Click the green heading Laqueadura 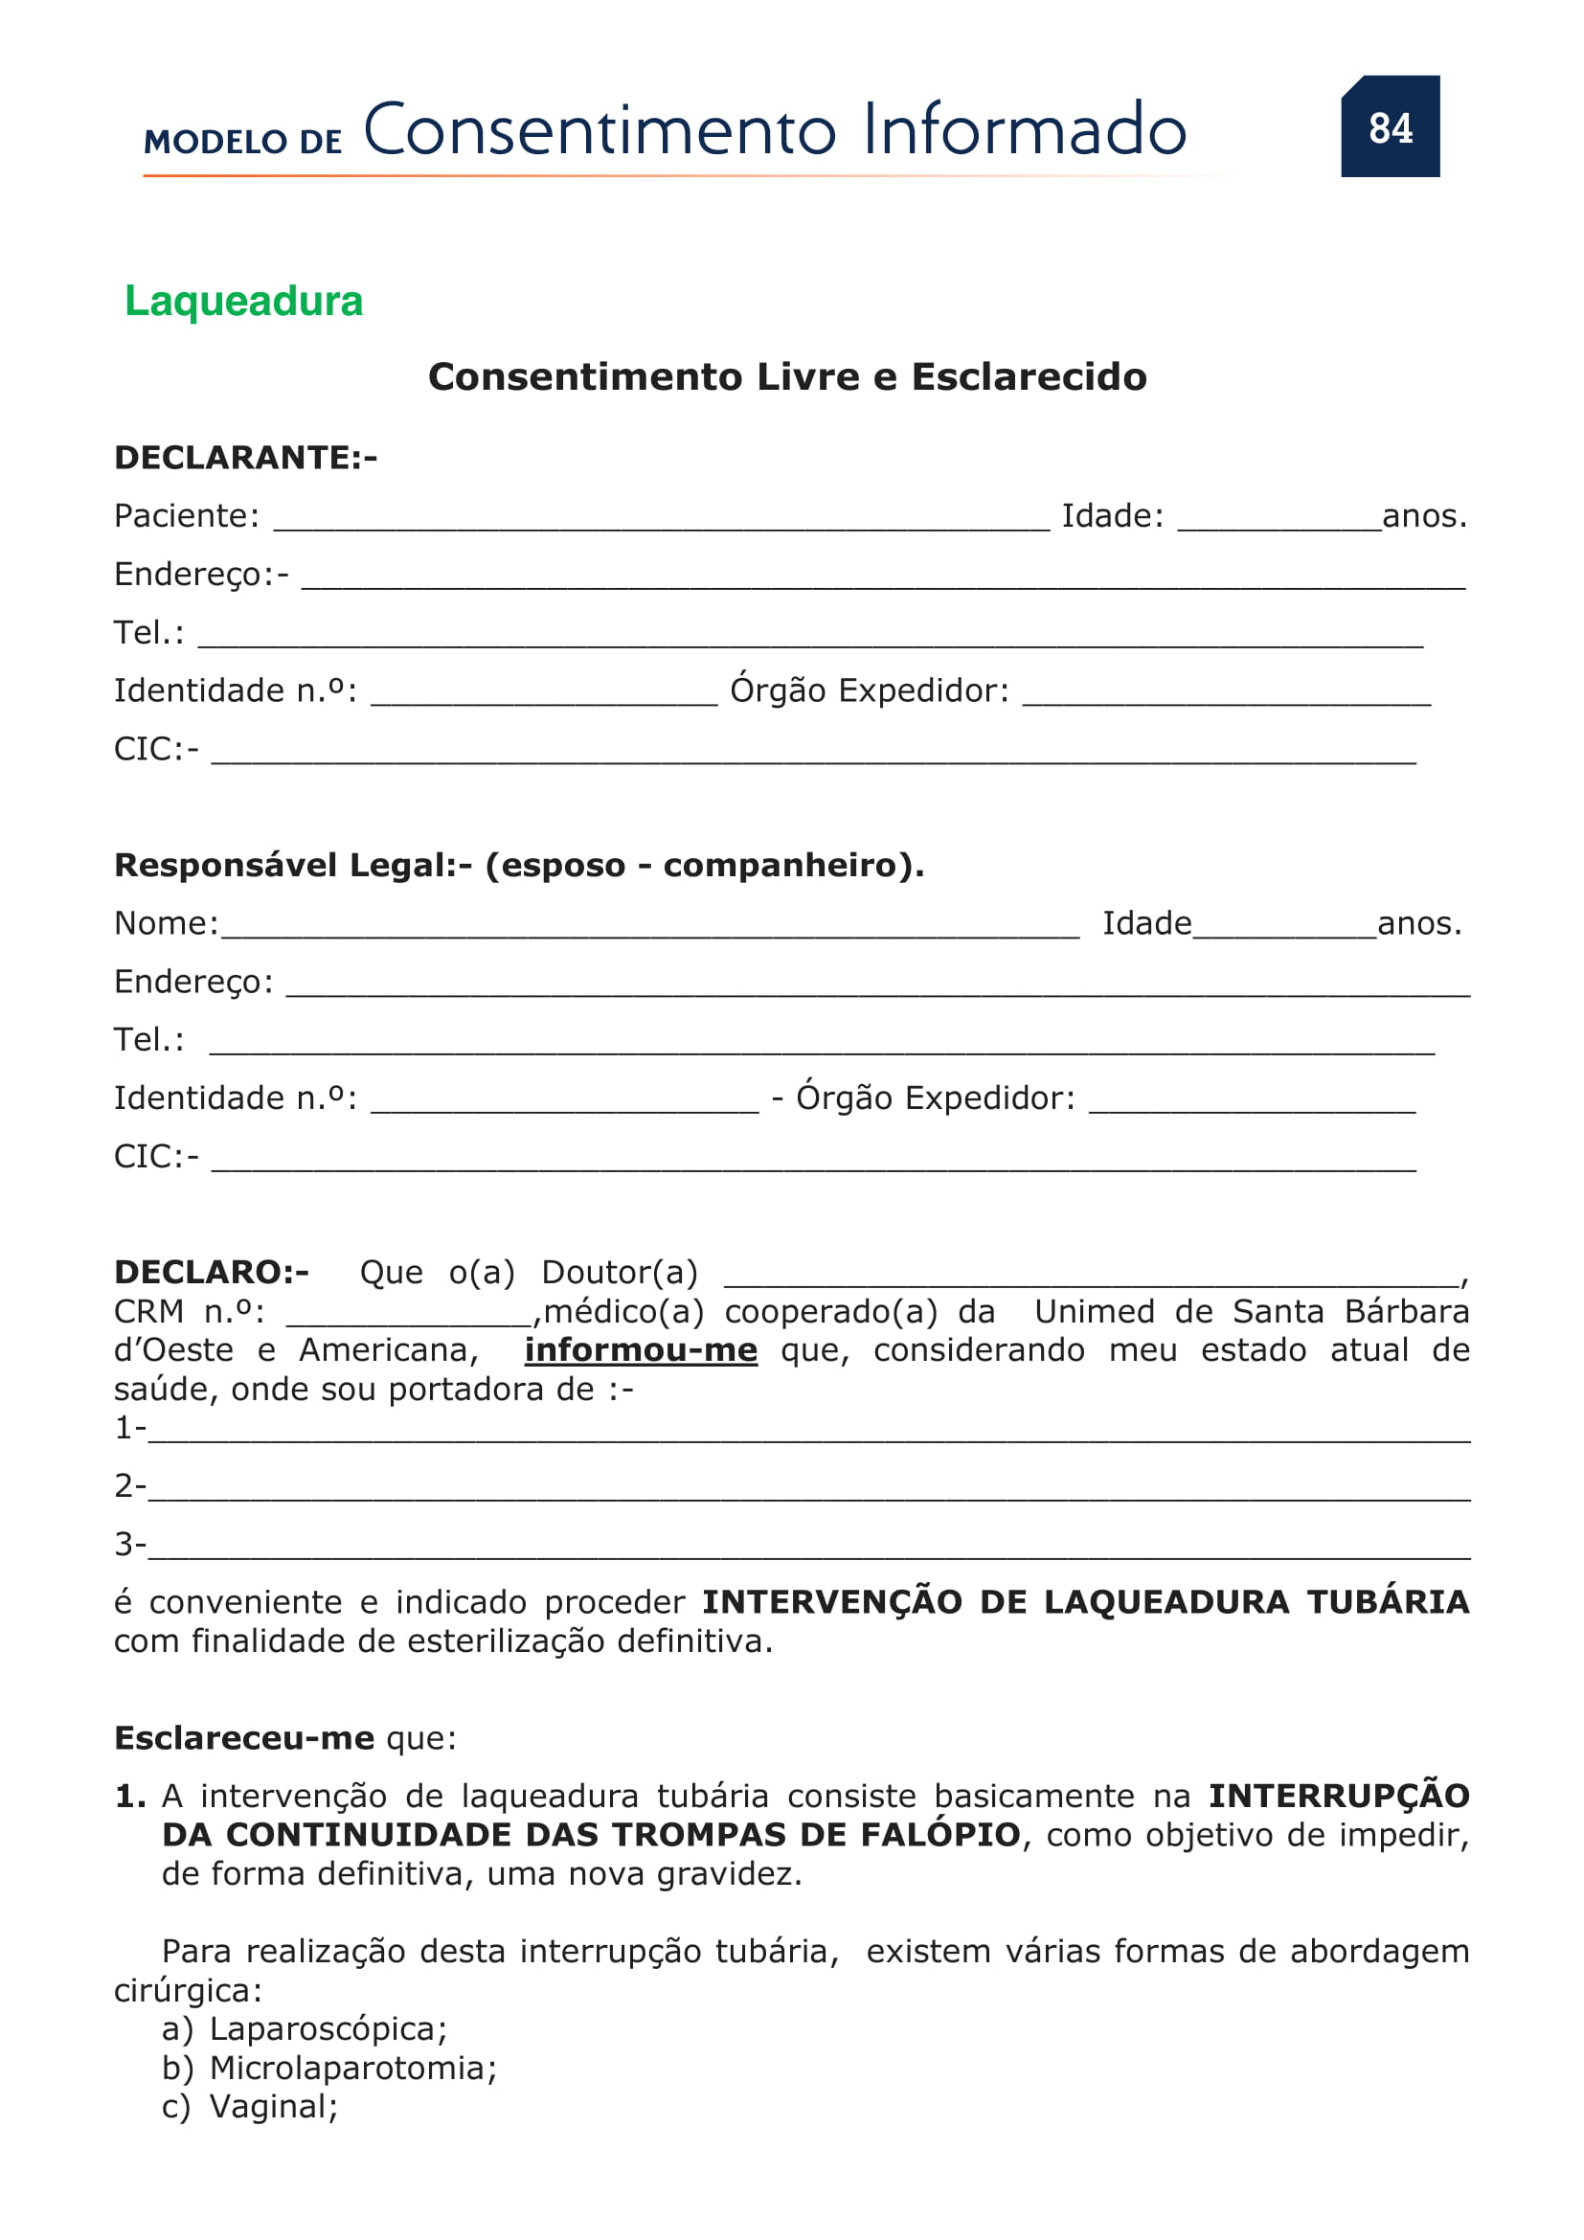[x=244, y=301]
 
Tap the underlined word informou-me [x=641, y=1350]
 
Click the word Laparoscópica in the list [x=328, y=2029]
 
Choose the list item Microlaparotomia [x=353, y=2069]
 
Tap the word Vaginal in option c [x=273, y=2107]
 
